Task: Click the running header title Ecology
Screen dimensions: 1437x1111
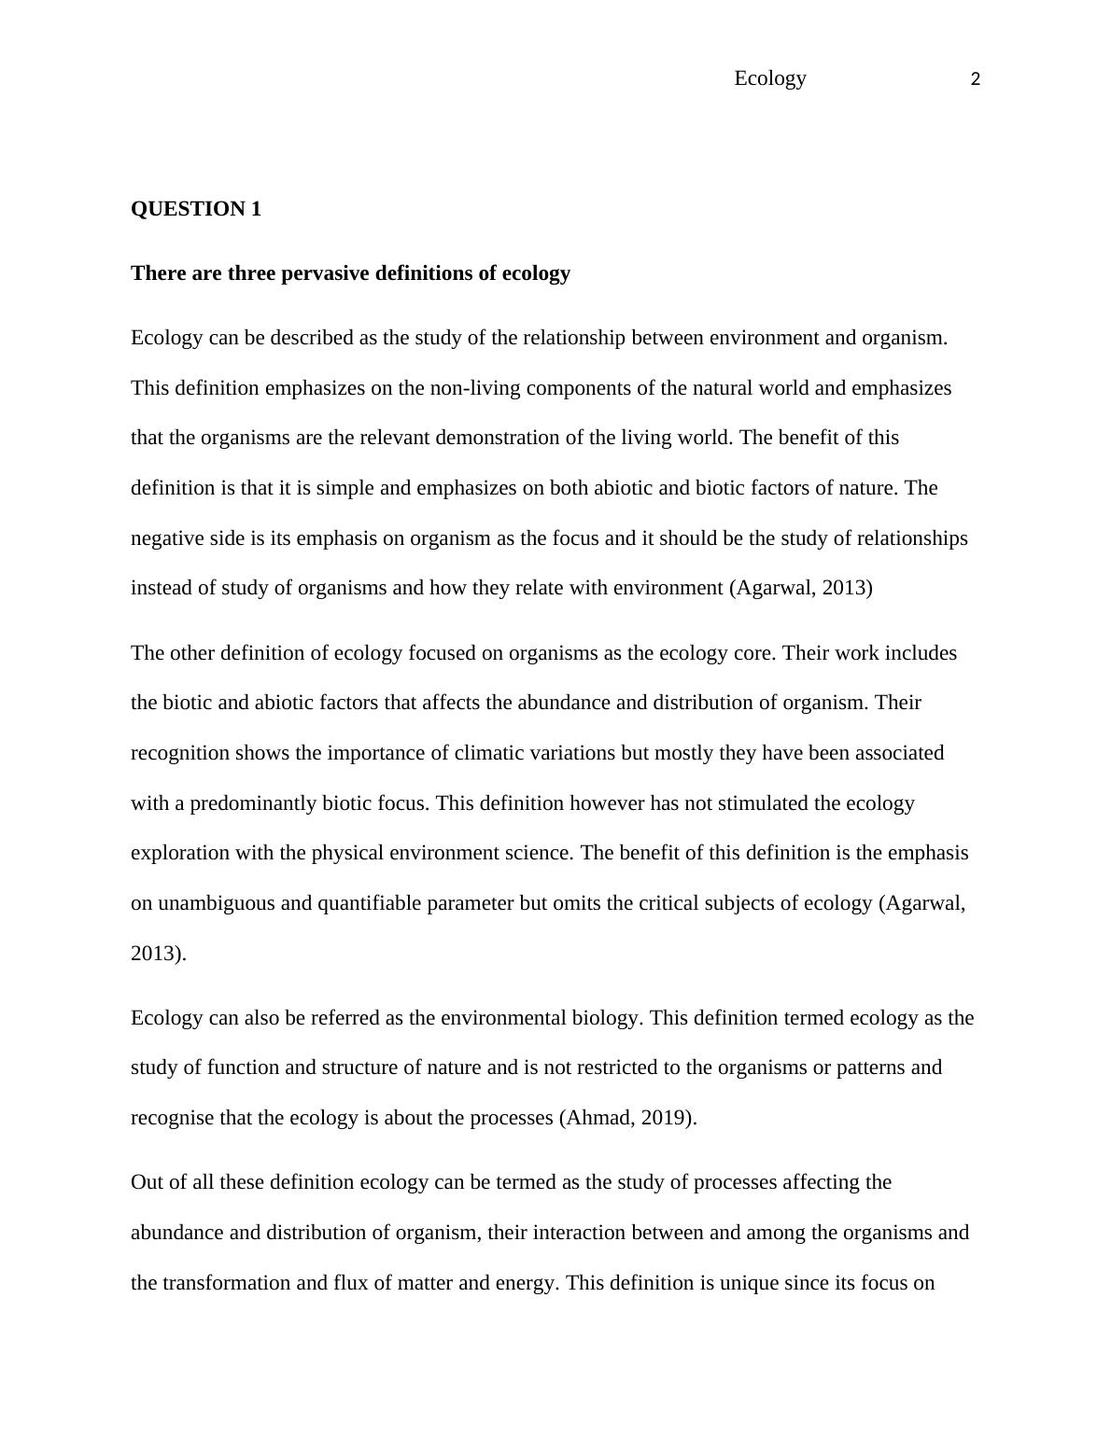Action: coord(769,78)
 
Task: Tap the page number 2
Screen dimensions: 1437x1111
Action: coord(976,80)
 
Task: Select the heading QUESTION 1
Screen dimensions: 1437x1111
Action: coord(196,209)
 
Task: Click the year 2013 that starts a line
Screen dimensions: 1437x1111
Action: coord(158,954)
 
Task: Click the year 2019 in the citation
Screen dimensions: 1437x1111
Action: coord(665,1118)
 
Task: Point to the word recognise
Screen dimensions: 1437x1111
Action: coord(172,1118)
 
